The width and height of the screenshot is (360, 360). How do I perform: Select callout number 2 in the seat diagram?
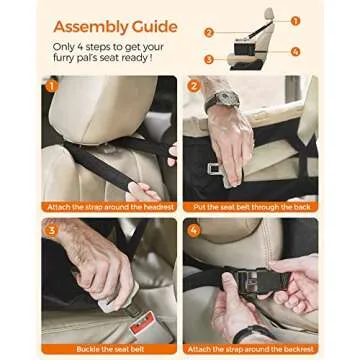[209, 32]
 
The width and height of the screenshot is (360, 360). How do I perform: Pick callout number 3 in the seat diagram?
[209, 59]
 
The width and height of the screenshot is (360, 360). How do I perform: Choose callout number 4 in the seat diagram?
[295, 51]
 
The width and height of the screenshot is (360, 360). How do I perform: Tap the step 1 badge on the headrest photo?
[50, 86]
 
